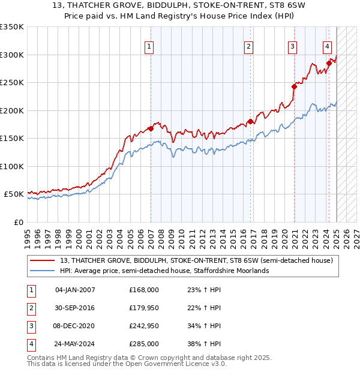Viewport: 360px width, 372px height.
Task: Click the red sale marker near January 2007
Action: click(151, 128)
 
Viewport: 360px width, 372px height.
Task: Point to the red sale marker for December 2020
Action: click(295, 86)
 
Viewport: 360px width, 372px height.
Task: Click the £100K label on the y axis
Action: click(11, 166)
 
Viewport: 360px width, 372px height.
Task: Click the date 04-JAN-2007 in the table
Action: click(75, 289)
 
